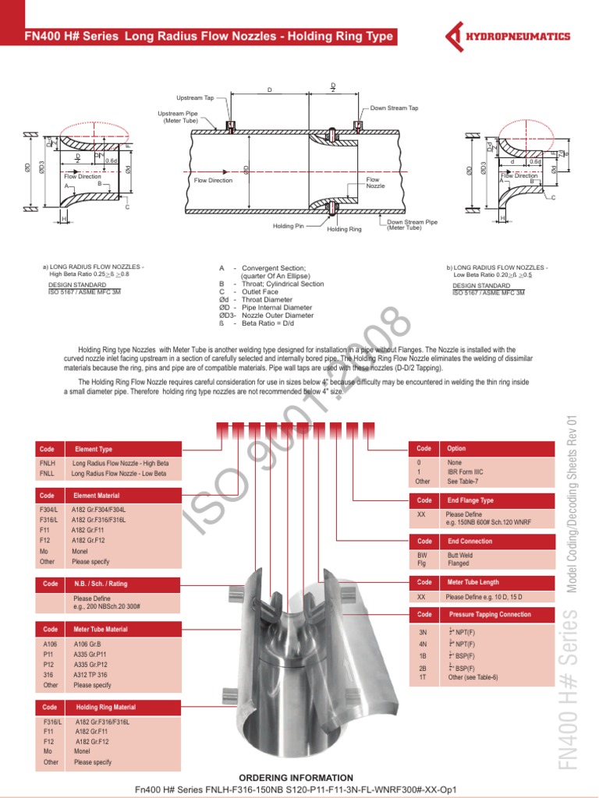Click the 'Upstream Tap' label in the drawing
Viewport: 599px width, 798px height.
(195, 98)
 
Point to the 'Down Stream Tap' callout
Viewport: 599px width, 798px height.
(394, 108)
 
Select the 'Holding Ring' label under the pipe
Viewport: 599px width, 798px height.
(344, 229)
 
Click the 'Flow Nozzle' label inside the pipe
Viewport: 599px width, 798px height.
(374, 183)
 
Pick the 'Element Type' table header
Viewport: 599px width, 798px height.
(94, 449)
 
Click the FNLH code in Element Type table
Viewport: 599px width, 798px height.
(47, 463)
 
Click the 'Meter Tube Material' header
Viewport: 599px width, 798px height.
(101, 629)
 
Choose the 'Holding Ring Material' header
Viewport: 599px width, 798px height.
(105, 707)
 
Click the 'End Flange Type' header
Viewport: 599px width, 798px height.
(470, 500)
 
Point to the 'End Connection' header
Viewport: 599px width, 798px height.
(469, 541)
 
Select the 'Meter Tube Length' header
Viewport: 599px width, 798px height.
(473, 582)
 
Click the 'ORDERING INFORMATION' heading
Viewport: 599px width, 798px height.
(296, 778)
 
